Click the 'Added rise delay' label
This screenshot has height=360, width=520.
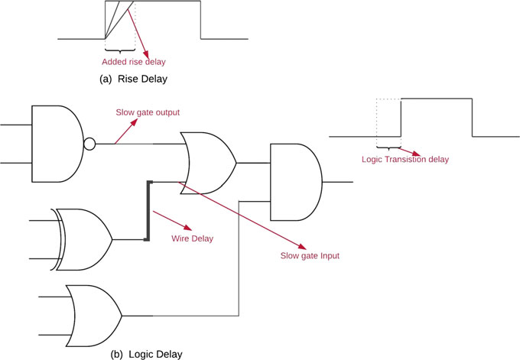click(x=134, y=61)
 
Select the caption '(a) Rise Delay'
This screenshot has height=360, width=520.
click(x=135, y=78)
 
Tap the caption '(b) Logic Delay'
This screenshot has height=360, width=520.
click(x=146, y=353)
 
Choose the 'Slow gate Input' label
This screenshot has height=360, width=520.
click(x=309, y=256)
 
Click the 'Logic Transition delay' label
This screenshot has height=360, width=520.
click(x=405, y=159)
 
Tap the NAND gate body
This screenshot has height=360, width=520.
click(x=57, y=143)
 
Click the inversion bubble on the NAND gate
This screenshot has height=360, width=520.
click(x=89, y=143)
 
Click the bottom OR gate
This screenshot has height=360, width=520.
click(x=93, y=314)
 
